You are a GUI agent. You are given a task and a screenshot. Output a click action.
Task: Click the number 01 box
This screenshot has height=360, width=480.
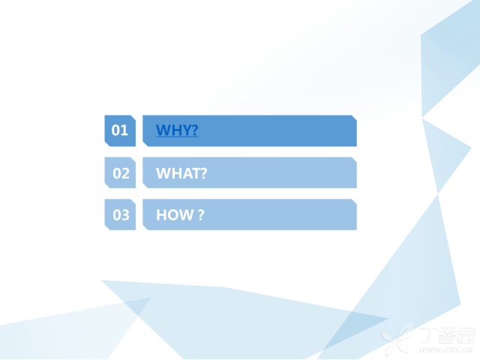[120, 130]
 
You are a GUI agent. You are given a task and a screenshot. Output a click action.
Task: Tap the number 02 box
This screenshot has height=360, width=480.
[120, 172]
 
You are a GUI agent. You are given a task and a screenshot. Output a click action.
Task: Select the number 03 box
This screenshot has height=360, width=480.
[120, 214]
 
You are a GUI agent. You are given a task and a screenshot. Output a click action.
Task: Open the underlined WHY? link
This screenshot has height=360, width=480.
[177, 130]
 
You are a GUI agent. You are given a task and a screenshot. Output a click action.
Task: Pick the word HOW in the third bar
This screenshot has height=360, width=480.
[175, 215]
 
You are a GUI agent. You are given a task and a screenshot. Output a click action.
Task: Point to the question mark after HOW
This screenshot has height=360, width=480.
[201, 215]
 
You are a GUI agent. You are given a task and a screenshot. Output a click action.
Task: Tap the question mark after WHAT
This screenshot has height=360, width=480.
[204, 173]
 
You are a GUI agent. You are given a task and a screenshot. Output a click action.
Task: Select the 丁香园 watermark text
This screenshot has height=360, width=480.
[448, 335]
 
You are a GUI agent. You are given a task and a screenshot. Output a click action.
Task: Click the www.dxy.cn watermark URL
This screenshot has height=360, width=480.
[446, 349]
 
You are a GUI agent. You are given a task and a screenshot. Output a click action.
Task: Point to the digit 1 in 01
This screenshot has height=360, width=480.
[124, 130]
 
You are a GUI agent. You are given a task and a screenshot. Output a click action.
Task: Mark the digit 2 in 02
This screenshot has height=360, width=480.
[125, 173]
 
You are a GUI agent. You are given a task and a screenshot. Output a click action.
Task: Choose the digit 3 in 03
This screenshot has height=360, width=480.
[125, 215]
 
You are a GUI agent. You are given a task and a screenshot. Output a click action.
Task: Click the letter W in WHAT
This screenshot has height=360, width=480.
[162, 173]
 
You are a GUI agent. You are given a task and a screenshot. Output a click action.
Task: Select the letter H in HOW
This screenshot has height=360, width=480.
[161, 215]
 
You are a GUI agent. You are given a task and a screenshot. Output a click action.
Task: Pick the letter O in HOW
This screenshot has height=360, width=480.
[173, 215]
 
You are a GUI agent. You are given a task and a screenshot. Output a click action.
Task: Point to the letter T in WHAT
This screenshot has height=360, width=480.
[195, 173]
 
